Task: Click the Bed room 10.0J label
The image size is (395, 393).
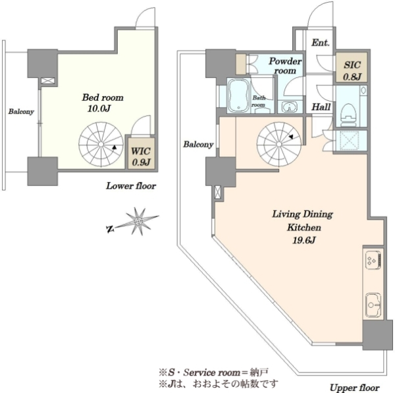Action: pos(103,103)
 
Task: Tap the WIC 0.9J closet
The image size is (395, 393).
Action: pos(141,154)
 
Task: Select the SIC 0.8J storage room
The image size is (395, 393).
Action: pos(352,67)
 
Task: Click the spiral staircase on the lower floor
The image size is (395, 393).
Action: pos(101,144)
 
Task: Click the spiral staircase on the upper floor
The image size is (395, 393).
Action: pos(279,144)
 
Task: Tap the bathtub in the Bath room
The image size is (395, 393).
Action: pos(238,96)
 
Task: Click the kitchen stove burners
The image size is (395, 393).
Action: pos(373,260)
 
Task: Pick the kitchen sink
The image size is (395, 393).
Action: pos(373,305)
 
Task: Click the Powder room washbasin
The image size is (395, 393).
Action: pos(290,107)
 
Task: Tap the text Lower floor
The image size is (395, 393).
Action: pos(131,186)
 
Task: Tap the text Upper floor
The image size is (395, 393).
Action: pos(355,388)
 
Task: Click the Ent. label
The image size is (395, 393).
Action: pos(321,43)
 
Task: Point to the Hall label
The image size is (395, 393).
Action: pos(321,107)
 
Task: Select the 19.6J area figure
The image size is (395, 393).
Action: pos(303,240)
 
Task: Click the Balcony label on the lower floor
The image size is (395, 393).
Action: pos(21,111)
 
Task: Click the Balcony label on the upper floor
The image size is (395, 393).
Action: pos(198,144)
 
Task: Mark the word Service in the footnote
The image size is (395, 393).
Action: pos(199,373)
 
